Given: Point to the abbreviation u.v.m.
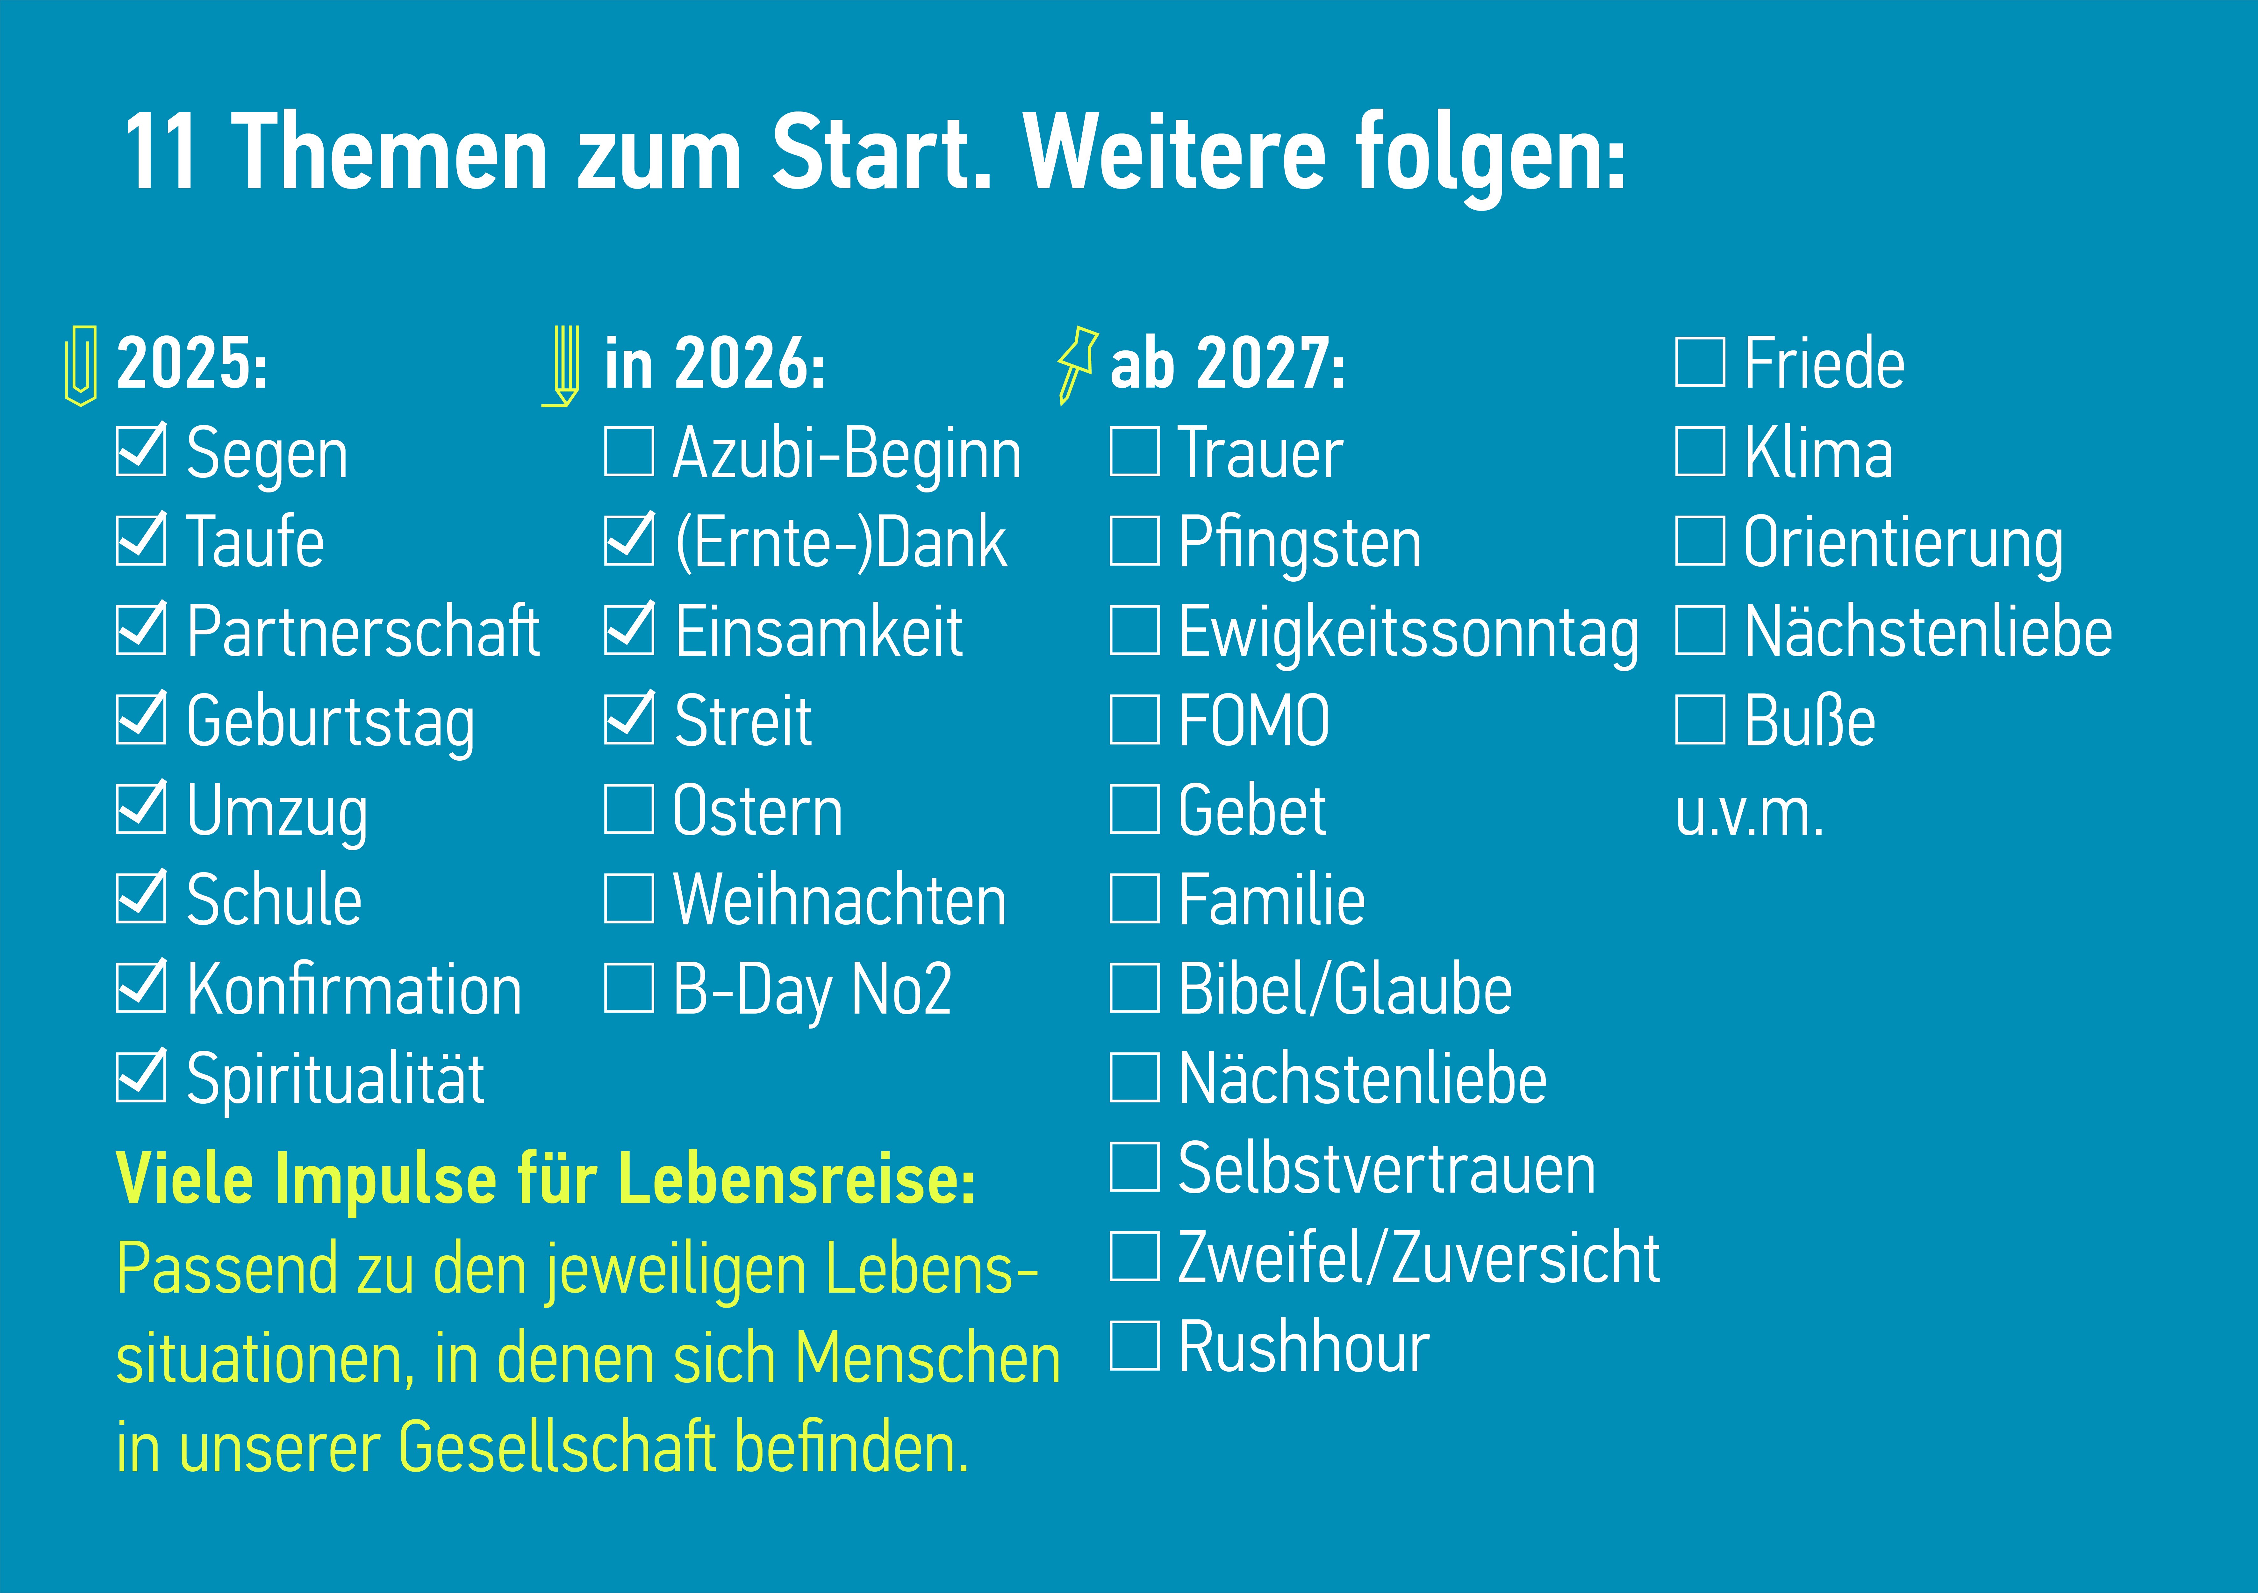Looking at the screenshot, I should point(1749,814).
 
